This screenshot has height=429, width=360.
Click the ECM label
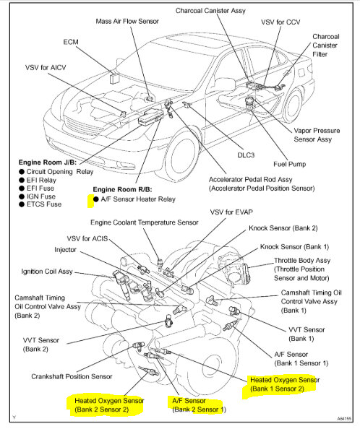71,42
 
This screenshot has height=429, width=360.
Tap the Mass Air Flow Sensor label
127,22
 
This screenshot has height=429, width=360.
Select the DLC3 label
246,155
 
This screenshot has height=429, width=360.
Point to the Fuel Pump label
290,164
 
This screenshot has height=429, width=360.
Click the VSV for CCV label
280,22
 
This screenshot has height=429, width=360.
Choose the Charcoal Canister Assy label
210,11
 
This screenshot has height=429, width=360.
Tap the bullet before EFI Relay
22,181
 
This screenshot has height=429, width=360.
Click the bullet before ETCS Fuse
22,204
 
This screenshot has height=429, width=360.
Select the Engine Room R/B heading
122,189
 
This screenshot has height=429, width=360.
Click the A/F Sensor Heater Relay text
138,199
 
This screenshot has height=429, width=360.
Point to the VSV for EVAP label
231,212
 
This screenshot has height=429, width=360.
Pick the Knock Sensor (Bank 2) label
283,228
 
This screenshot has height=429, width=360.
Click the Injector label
65,250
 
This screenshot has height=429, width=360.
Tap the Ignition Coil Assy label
47,272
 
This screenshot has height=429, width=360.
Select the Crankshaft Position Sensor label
72,377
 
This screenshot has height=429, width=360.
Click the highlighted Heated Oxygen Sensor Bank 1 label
285,384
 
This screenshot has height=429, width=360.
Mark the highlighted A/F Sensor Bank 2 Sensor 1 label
199,405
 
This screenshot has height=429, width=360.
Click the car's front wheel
181,157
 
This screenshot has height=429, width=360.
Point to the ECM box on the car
113,79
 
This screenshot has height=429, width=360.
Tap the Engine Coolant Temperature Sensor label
145,222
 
